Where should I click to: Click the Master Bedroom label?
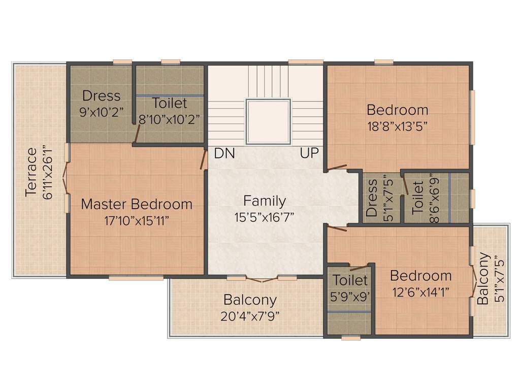tap(137, 204)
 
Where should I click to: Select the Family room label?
tap(264, 201)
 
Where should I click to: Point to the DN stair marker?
tap(224, 153)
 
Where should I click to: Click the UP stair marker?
tap(309, 153)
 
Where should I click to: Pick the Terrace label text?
tap(31, 172)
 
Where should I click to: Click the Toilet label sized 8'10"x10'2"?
tap(170, 104)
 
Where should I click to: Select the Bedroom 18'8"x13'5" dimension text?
tap(397, 126)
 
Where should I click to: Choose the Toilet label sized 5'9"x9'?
tap(350, 280)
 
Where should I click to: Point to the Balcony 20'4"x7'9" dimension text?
tap(250, 316)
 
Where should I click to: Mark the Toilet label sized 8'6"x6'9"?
tap(417, 197)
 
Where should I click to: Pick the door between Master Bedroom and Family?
tap(204, 159)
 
